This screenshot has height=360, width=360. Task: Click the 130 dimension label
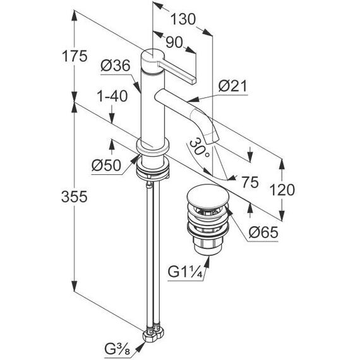[x=183, y=20]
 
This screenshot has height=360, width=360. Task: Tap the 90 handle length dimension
[x=174, y=43]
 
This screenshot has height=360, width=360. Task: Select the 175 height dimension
[x=75, y=56]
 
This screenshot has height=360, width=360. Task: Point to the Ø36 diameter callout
[x=115, y=66]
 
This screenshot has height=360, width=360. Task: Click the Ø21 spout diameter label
[x=232, y=87]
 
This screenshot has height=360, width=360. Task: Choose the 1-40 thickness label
[x=112, y=96]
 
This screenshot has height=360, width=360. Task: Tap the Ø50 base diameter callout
[x=106, y=165]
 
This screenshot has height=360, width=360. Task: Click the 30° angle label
[x=200, y=148]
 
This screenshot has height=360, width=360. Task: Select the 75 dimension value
[x=250, y=182]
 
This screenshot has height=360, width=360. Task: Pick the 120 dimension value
[x=282, y=190]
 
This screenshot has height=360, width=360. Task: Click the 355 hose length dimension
[x=75, y=197]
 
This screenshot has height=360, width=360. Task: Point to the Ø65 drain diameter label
[x=263, y=232]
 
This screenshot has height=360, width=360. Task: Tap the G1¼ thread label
[x=185, y=272]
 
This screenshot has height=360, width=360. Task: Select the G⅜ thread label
[x=117, y=349]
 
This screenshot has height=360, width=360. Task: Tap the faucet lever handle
[x=177, y=73]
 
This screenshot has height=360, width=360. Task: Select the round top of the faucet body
[x=152, y=56]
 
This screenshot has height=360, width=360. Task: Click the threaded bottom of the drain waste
[x=208, y=248]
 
